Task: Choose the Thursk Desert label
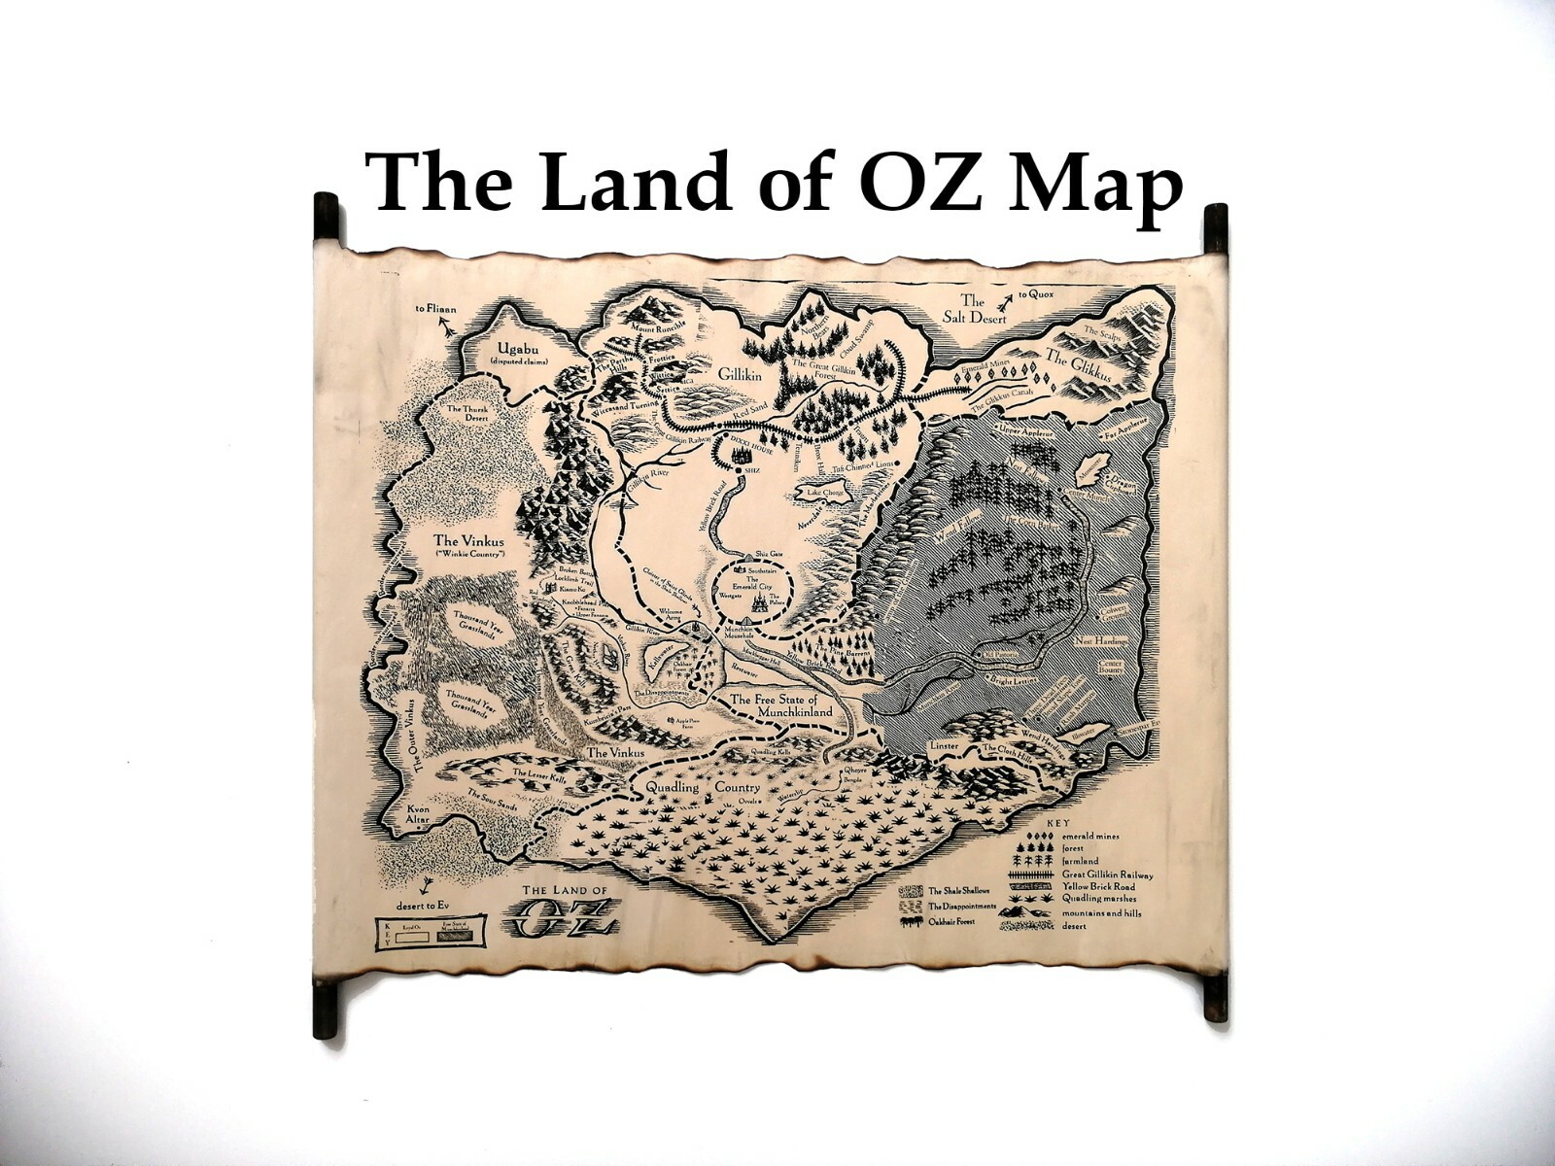[469, 416]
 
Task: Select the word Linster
[945, 746]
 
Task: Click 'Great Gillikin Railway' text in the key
[1108, 874]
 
